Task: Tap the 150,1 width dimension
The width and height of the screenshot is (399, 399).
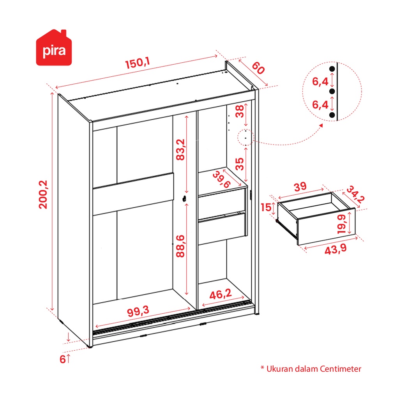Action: [138, 64]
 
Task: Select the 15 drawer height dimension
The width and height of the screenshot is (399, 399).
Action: [266, 207]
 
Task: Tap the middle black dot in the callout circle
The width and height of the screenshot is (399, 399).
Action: [332, 91]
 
